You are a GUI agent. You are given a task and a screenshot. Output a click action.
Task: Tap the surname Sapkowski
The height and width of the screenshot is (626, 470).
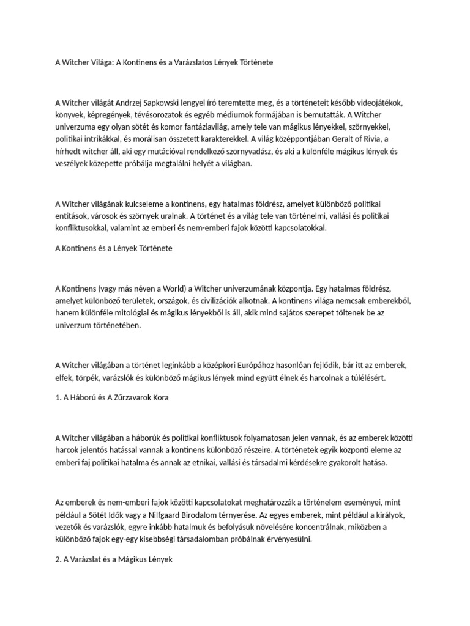tap(178, 102)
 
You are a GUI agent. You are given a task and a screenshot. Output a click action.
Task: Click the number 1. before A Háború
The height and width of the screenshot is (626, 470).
tap(58, 397)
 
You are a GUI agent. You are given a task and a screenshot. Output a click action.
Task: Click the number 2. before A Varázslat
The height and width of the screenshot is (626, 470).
tap(59, 559)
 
